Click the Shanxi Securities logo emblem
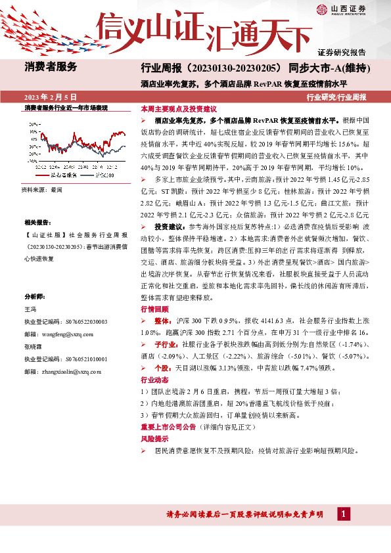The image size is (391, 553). click(x=322, y=9)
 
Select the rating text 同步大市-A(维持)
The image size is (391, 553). click(x=327, y=68)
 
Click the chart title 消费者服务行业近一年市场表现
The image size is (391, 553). click(x=66, y=107)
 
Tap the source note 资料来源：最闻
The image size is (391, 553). click(x=41, y=189)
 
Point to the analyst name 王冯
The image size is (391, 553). click(x=31, y=309)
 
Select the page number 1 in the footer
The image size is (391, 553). click(x=343, y=513)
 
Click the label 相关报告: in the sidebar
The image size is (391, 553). click(x=37, y=223)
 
